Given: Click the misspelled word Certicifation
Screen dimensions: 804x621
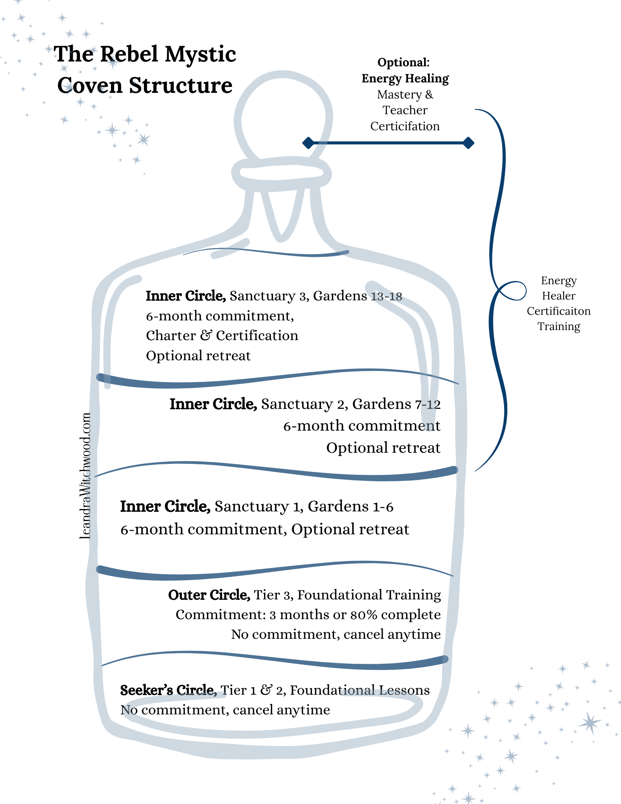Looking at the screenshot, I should pos(405,126).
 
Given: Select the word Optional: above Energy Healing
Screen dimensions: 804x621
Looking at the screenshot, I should pos(404,62).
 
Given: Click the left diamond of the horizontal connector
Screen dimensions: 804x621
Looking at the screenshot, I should pos(308,143).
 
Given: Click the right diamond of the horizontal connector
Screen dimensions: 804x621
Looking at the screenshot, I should pos(468,143).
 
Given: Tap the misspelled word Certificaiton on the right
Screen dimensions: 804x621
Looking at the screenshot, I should pos(559,311).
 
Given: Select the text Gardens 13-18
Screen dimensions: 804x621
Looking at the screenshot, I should pos(357,296).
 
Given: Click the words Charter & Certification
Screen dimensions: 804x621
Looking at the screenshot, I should pos(222,336).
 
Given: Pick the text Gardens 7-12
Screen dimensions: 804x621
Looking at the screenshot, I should pos(396,404).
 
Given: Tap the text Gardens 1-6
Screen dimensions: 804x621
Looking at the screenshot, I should pos(350,507).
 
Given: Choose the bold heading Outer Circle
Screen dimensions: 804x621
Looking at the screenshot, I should pos(209,595).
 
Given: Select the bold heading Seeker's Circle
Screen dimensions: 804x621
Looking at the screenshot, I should pos(168,690).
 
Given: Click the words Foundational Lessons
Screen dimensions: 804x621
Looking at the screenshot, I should pos(360,690).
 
